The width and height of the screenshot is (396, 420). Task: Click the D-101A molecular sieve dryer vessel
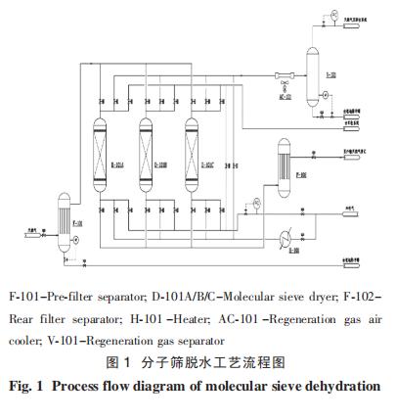(x=99, y=154)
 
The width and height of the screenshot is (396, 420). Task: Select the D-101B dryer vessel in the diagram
(x=146, y=154)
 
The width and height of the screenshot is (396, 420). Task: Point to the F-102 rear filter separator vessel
(x=284, y=159)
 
